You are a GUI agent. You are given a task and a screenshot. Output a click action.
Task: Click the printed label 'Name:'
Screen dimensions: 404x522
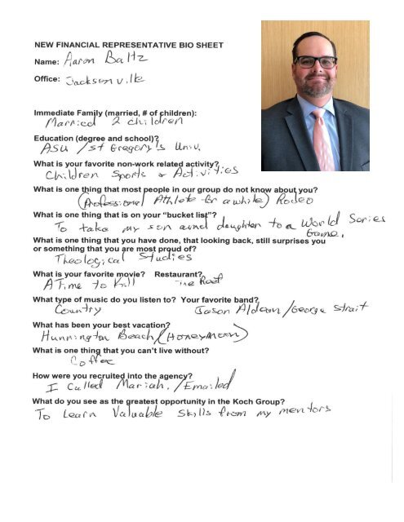point(42,60)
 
